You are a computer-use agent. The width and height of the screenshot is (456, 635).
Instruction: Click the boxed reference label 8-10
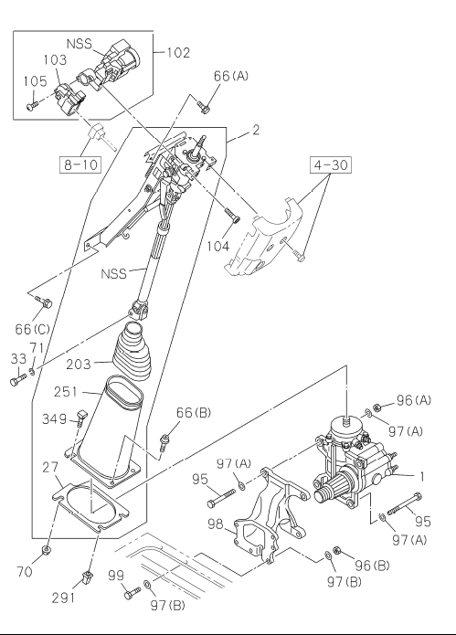click(80, 164)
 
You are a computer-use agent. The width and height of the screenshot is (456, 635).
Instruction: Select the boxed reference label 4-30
click(331, 164)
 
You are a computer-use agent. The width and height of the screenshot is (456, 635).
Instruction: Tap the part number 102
click(178, 53)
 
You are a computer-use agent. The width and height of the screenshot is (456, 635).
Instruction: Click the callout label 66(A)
click(230, 76)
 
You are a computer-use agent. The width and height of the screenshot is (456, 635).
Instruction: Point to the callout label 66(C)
click(32, 329)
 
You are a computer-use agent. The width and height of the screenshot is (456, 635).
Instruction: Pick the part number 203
click(79, 364)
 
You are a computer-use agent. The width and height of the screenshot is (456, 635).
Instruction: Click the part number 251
click(65, 392)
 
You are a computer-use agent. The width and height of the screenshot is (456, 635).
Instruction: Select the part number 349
click(54, 418)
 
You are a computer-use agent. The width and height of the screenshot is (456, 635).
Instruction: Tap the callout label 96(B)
click(373, 565)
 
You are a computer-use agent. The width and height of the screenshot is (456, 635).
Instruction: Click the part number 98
click(216, 524)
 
